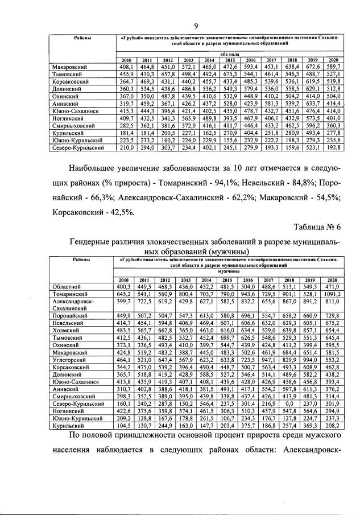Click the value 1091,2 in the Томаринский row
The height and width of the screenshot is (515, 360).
[333, 294]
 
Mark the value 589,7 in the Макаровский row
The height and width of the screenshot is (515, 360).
[333, 67]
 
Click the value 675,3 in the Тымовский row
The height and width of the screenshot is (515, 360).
[230, 74]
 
